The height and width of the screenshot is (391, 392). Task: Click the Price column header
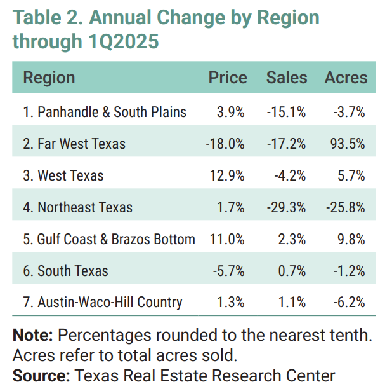228,78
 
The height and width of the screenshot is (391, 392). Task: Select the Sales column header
287,78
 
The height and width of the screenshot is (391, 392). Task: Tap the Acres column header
346,78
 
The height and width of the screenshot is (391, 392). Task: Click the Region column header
49,78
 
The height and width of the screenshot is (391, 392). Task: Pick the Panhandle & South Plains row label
105,112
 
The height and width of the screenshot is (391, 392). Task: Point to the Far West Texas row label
74,144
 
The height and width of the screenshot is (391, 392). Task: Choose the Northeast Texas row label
77,207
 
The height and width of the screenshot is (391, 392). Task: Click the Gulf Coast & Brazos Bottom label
108,239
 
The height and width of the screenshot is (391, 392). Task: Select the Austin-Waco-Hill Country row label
102,302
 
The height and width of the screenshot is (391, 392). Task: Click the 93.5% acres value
349,144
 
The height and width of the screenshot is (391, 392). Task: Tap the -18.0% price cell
225,144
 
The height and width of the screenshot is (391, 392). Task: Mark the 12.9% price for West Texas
228,175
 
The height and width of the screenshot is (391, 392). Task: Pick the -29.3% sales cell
287,207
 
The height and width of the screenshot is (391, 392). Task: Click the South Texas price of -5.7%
228,271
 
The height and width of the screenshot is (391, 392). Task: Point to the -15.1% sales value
287,112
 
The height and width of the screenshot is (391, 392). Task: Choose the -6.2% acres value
350,302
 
